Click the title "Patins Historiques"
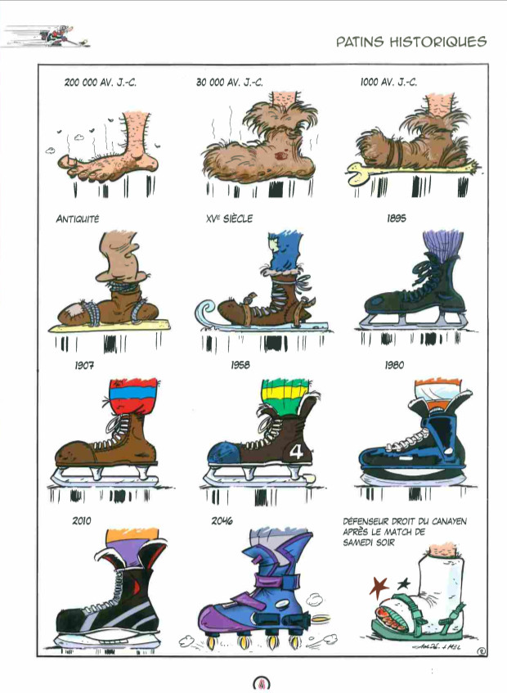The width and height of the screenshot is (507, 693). click(411, 42)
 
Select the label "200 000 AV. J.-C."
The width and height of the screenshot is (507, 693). click(101, 82)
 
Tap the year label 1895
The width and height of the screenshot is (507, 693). click(396, 218)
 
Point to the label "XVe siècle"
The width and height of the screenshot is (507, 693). click(229, 218)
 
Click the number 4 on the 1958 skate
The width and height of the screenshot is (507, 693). click(297, 452)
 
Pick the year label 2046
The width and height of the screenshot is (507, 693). click(222, 520)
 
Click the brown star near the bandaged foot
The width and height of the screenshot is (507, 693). click(379, 587)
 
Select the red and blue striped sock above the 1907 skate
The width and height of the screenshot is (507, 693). click(133, 395)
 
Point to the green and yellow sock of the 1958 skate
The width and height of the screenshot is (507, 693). click(283, 394)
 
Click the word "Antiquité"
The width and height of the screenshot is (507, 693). click(78, 218)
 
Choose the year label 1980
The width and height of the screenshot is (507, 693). click(394, 365)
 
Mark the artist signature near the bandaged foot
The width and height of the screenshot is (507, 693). click(434, 646)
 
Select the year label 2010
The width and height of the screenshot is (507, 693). click(82, 520)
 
